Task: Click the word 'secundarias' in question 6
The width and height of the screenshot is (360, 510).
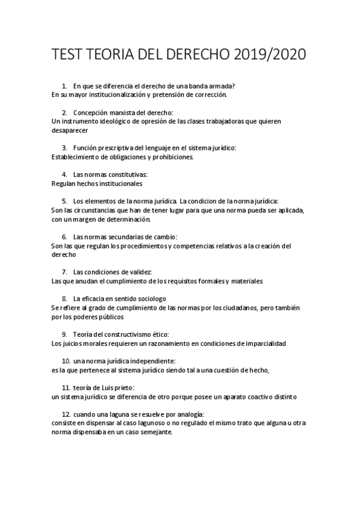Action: [127, 237]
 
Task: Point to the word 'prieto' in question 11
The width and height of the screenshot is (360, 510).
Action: [124, 388]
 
